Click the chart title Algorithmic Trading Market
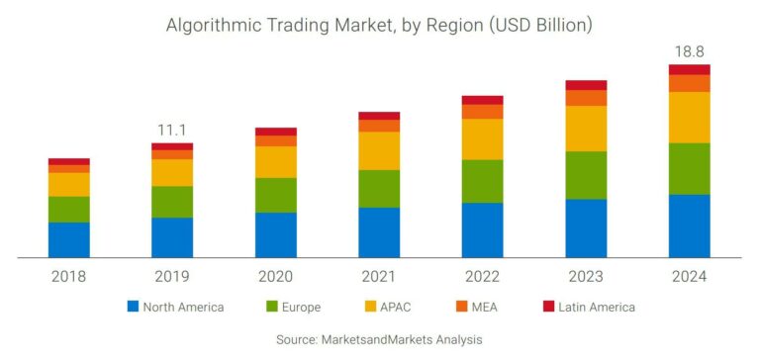[x=379, y=23]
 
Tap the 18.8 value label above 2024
[x=689, y=49]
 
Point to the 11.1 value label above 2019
[x=172, y=130]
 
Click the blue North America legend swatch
[x=133, y=307]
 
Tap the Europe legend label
[x=302, y=307]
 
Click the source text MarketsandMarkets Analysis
[x=379, y=339]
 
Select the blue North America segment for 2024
[x=689, y=225]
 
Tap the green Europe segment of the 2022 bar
[x=482, y=181]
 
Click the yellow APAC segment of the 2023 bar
[x=586, y=129]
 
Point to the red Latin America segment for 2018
[x=68, y=161]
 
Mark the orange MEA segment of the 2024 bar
[x=689, y=83]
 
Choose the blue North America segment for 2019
[x=172, y=237]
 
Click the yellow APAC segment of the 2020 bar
[x=275, y=162]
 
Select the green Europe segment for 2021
[x=379, y=188]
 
